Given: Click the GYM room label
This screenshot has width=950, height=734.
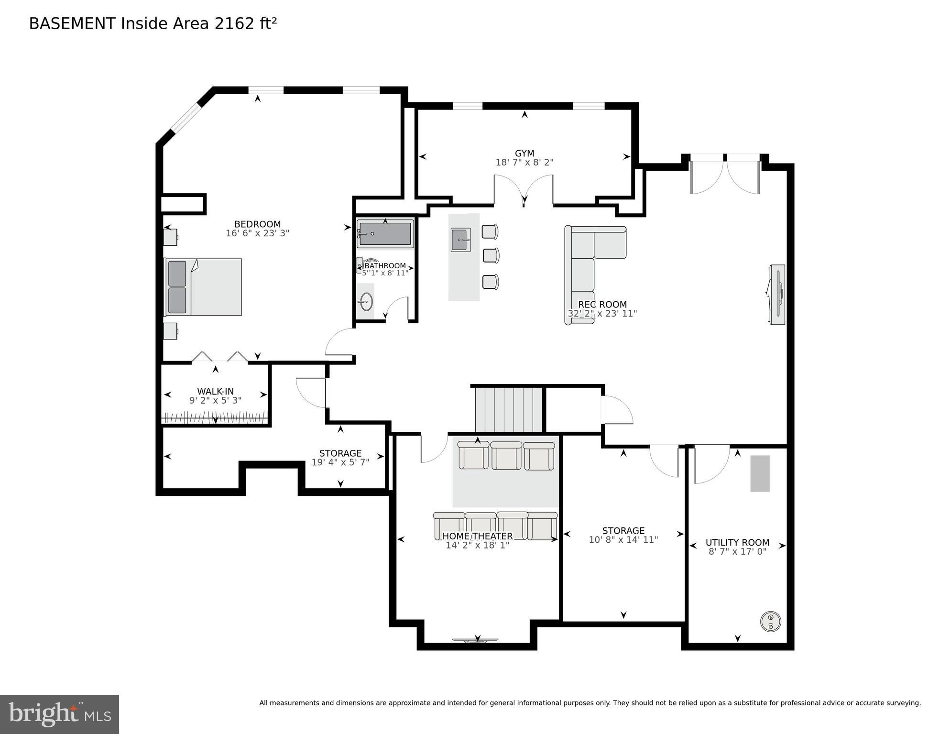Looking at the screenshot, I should point(524,153).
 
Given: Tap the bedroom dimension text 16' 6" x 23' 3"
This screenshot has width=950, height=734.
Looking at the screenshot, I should point(257,233).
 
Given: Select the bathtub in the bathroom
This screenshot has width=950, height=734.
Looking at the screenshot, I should point(385,234).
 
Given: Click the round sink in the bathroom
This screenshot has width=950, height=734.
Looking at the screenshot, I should point(366,302).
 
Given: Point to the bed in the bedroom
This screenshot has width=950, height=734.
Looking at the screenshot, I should point(204,287).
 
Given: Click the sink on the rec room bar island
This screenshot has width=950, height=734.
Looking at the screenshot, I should point(460,240).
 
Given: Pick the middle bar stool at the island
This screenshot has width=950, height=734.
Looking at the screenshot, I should point(491,256).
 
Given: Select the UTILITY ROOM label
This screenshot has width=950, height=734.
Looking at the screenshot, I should point(737,542).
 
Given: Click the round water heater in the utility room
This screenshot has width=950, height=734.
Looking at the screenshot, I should point(770,622).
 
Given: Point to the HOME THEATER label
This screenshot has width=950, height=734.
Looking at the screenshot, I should point(477,536).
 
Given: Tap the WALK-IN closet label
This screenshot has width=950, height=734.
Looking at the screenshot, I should point(215,391).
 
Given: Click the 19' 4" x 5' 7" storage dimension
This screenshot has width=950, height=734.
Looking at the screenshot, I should point(340,462).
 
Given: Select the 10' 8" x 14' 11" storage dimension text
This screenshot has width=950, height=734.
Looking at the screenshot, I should point(623,539).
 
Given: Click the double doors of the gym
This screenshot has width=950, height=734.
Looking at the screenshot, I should point(524,189).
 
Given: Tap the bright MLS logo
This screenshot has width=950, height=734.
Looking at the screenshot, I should point(59,714).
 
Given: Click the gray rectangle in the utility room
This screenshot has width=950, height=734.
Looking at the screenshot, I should point(760,473).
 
